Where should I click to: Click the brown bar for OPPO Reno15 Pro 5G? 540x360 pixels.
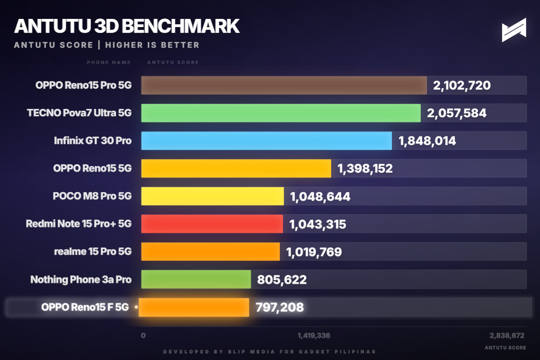tap(283, 85)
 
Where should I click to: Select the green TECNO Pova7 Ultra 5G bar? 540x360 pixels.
tap(280, 113)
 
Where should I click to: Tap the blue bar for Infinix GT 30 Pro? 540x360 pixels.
tap(266, 141)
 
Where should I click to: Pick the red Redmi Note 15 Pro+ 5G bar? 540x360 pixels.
tap(211, 224)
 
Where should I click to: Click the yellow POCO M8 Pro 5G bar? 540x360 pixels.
tap(212, 196)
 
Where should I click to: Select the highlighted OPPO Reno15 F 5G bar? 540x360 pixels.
tap(194, 307)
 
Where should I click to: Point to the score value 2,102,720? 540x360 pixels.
tap(462, 85)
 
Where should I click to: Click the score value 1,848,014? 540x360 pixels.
tap(427, 141)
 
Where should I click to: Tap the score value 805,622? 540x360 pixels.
tap(282, 279)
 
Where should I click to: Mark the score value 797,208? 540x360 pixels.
tap(279, 307)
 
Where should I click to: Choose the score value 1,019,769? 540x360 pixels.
tap(314, 252)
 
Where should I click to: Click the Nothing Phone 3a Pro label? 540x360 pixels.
tap(81, 279)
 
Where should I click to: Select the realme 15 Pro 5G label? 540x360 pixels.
tap(93, 252)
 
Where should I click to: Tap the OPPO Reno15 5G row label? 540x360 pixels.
tap(92, 168)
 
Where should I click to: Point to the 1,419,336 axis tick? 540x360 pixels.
tap(314, 335)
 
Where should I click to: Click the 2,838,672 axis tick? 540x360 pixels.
tap(507, 335)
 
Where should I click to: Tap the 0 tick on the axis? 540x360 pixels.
tap(143, 335)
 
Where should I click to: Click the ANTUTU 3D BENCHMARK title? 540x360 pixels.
tap(126, 26)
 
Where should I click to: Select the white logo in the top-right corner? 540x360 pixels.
tap(514, 30)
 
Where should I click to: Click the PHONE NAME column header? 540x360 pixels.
tap(108, 62)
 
